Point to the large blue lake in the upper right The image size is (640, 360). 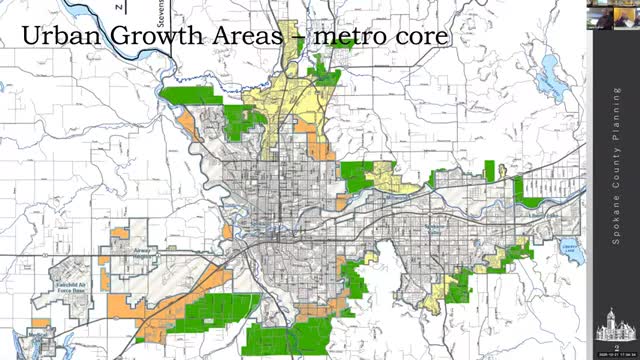pos(549,73)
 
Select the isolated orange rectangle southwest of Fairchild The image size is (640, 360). pos(40,323)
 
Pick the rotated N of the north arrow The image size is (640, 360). pos(118,7)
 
